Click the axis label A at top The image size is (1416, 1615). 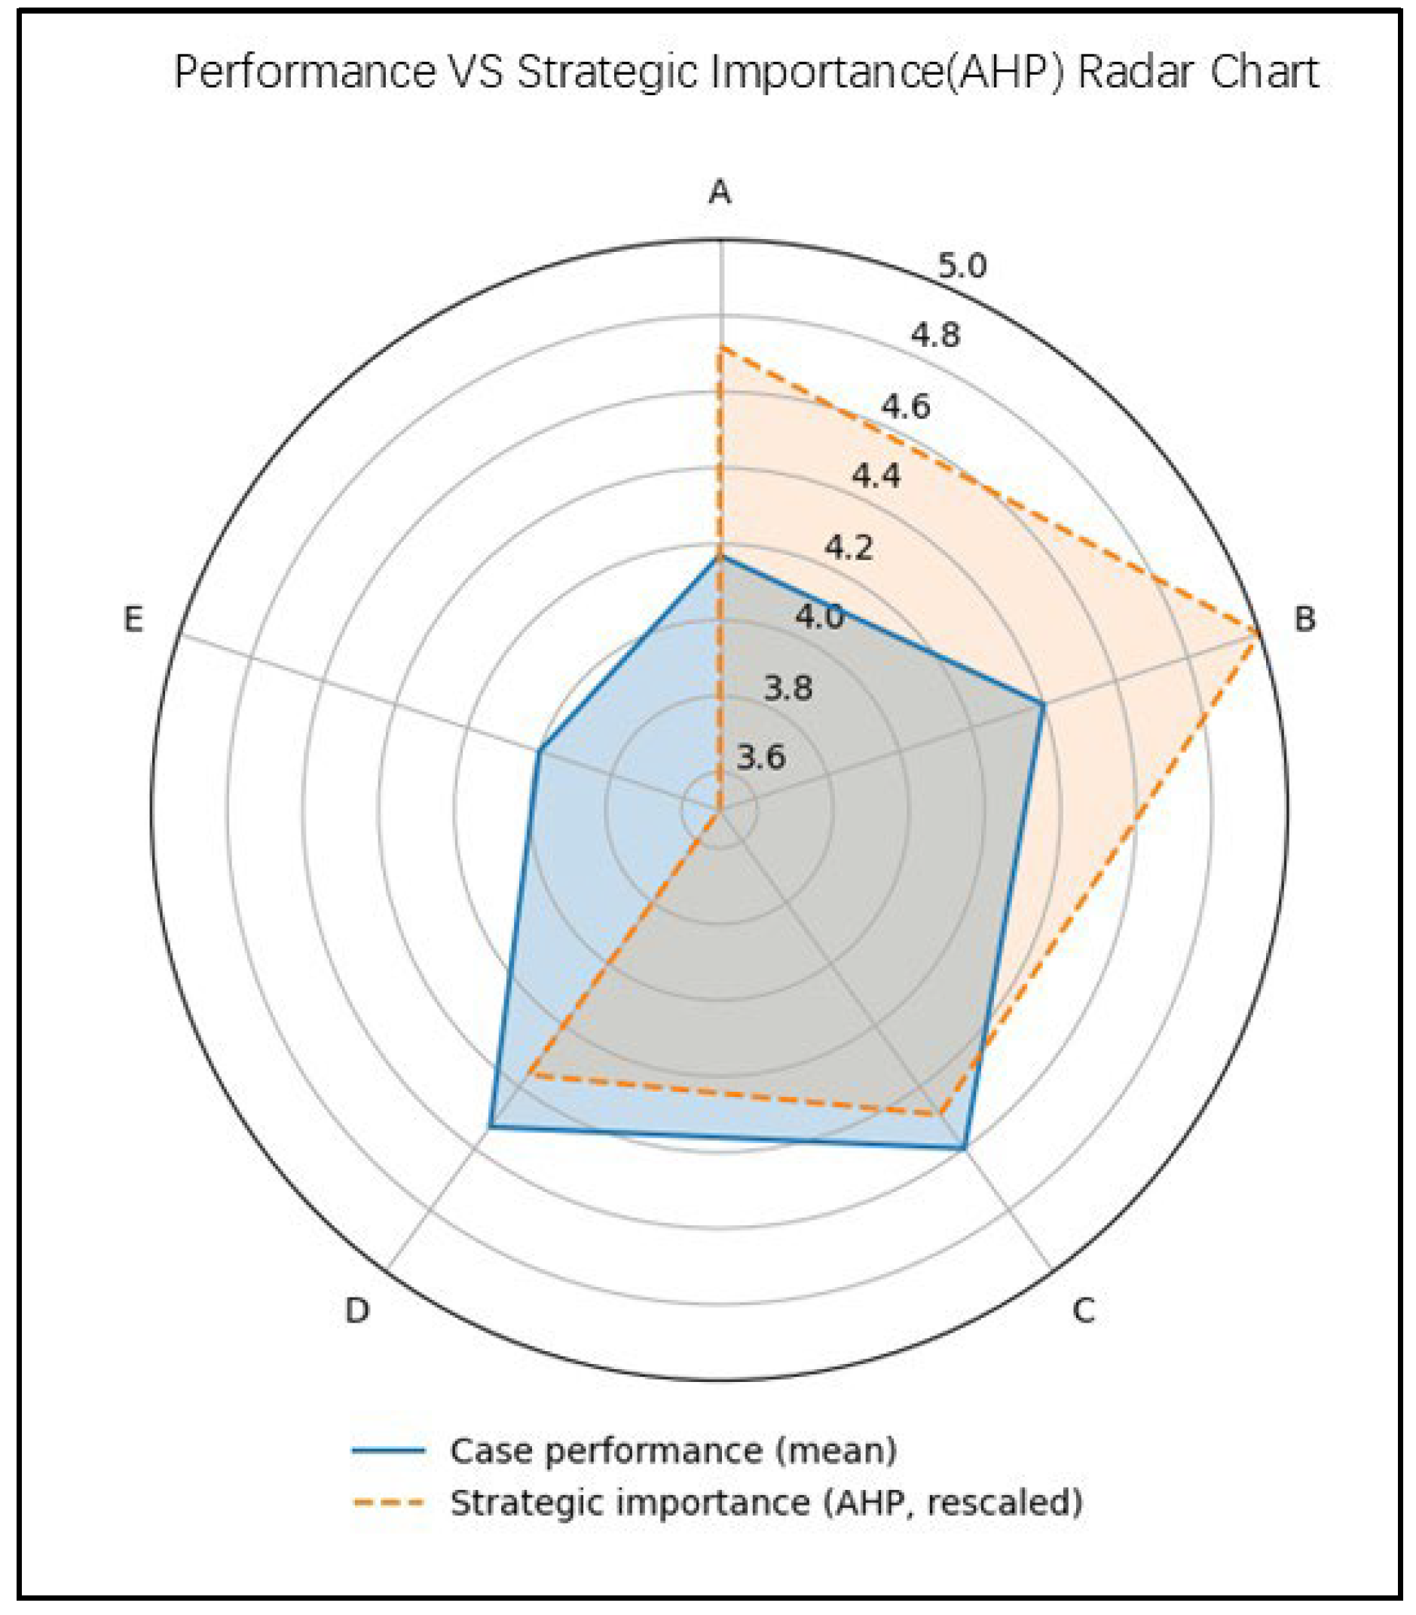[x=719, y=192]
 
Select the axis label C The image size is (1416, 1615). [x=1083, y=1311]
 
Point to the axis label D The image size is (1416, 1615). [x=357, y=1312]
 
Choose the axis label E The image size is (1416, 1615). [x=133, y=620]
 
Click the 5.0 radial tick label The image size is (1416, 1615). [x=962, y=267]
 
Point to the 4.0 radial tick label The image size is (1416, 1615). [x=819, y=617]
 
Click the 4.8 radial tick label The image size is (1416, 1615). [x=935, y=336]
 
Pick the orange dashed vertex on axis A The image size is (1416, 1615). [x=719, y=348]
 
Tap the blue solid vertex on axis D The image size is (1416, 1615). [x=490, y=1126]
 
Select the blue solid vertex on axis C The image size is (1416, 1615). [x=964, y=1148]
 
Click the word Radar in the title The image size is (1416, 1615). [x=1125, y=72]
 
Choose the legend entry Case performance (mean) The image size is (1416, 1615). [x=673, y=1451]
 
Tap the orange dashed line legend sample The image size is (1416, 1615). [x=389, y=1502]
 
